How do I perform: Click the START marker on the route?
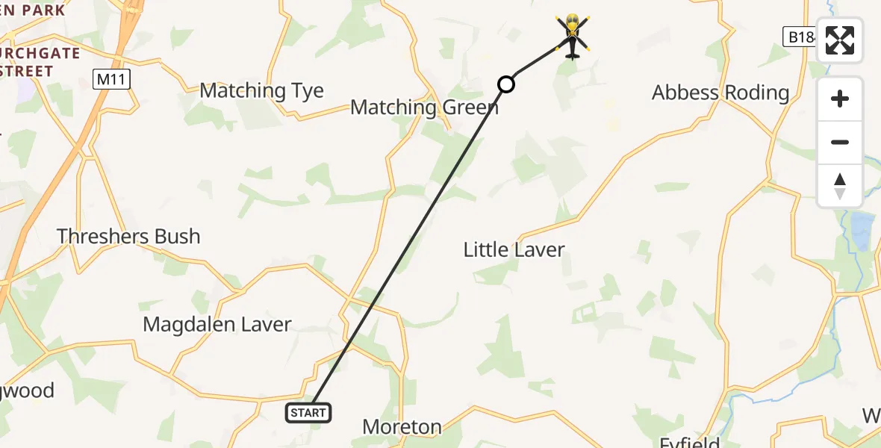[308, 412]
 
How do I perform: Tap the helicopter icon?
[572, 35]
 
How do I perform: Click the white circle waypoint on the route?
[506, 84]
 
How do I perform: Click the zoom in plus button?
[840, 99]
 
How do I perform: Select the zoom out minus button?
[840, 142]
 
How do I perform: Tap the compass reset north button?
[840, 186]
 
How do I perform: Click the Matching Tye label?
[261, 91]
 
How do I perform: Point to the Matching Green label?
[423, 108]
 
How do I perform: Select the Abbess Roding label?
[720, 93]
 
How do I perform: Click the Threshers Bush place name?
[128, 237]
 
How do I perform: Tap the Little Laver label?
[514, 249]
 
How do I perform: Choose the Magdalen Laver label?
[217, 325]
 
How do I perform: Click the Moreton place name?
[402, 427]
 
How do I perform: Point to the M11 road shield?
[112, 80]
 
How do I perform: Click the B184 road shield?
[801, 37]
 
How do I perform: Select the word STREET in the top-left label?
[28, 72]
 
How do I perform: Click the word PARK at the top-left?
[43, 11]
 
